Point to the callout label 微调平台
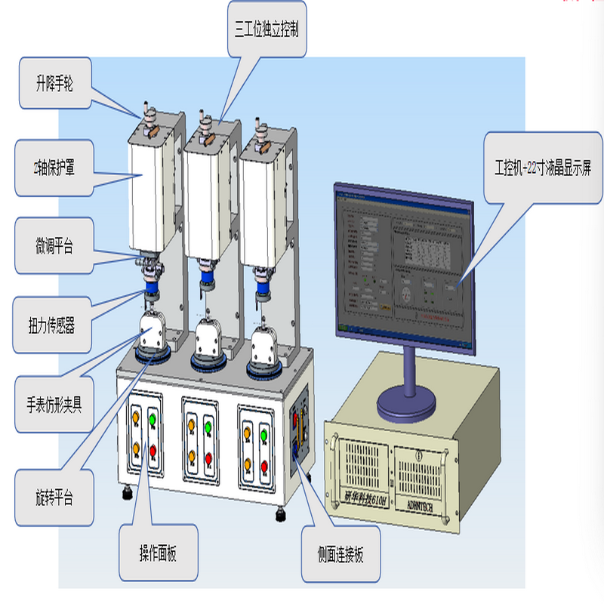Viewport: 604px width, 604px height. (54, 245)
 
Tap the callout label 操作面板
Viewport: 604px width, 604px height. (158, 554)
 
